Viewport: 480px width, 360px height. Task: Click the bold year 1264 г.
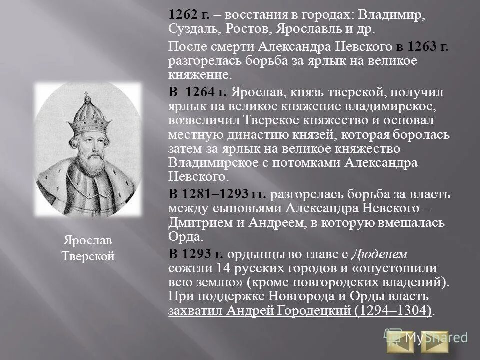206,92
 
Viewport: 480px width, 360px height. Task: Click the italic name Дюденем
379,254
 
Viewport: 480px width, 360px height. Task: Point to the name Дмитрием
196,222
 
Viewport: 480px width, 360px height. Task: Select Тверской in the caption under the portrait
87,256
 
